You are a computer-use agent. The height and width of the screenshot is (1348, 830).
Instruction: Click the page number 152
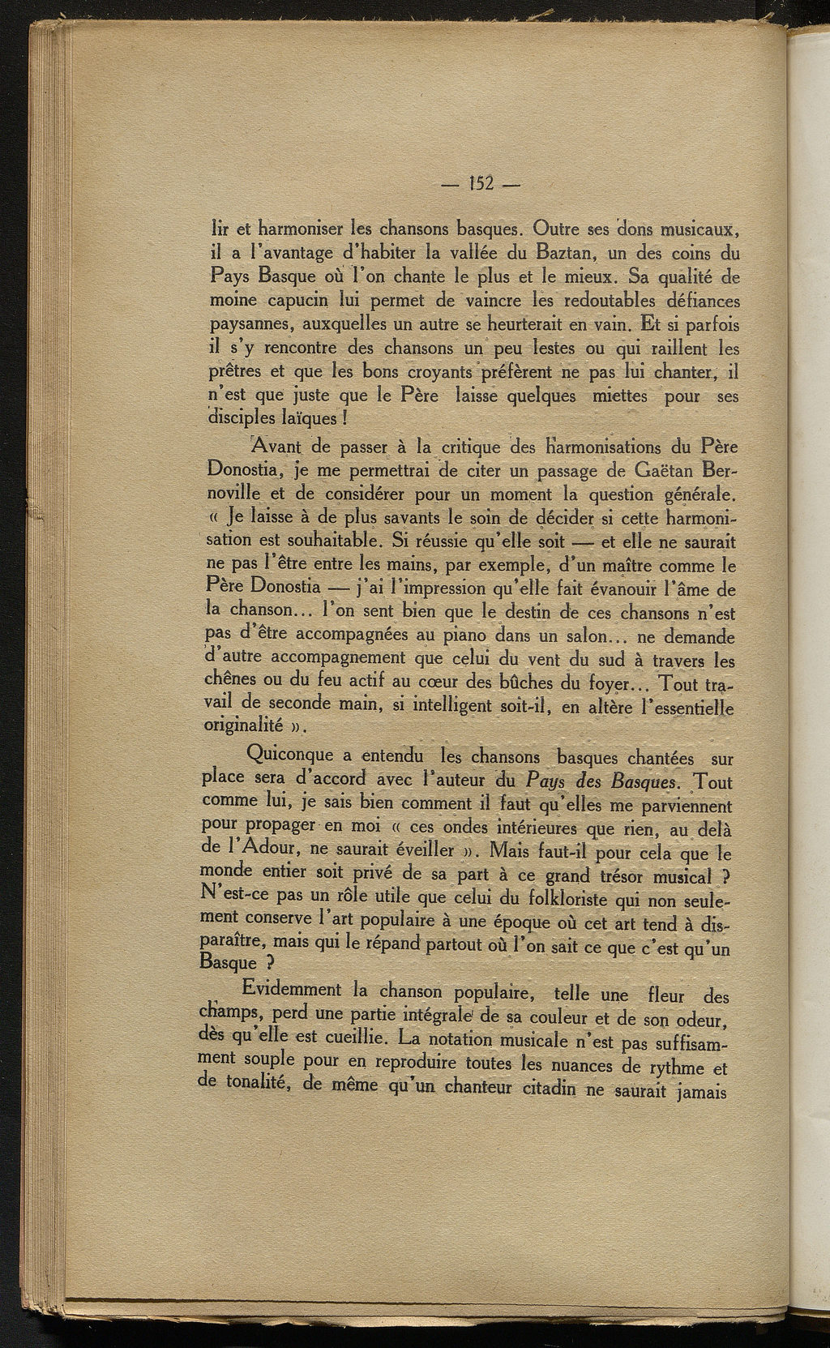coord(481,182)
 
